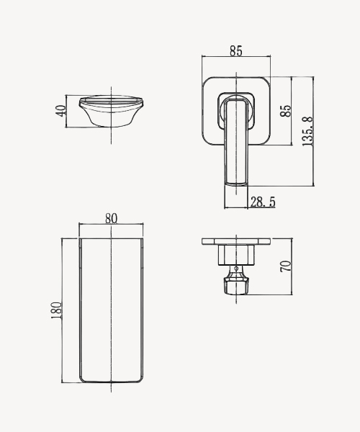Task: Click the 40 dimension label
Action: (x=61, y=111)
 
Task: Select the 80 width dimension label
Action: (x=112, y=218)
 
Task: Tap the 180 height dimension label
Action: (x=56, y=310)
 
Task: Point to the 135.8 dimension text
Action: (x=307, y=132)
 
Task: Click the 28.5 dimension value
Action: (x=263, y=202)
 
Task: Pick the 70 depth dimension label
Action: (x=286, y=266)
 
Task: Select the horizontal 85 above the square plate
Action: (x=236, y=51)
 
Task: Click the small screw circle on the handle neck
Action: (x=236, y=268)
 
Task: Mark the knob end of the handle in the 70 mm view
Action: (x=236, y=286)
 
